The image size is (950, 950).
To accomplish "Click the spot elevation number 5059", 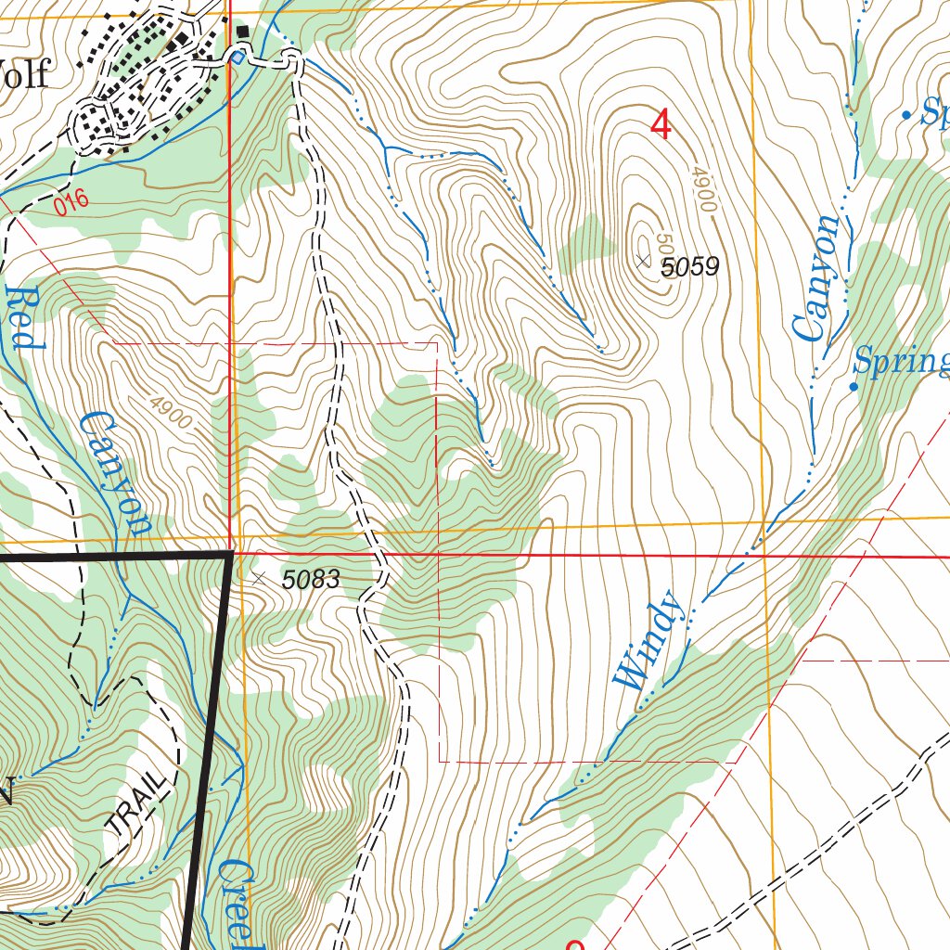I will (x=690, y=268).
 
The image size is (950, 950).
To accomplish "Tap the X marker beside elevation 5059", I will (x=644, y=262).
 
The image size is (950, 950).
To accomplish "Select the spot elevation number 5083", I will (x=311, y=581).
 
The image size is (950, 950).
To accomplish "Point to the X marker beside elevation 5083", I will (x=258, y=578).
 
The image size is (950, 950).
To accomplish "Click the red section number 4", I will (x=661, y=125).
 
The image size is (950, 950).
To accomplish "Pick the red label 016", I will (x=71, y=201).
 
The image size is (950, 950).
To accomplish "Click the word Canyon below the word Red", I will (x=115, y=473).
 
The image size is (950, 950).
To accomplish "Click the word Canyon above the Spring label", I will (x=817, y=278).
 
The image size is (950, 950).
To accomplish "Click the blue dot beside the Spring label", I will (x=854, y=386).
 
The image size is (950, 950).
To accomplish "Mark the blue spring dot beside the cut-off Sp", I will (x=906, y=115).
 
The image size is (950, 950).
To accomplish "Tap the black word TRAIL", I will (x=139, y=799).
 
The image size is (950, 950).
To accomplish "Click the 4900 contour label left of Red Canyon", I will (x=170, y=413).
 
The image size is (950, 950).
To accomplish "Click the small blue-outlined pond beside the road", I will (x=237, y=58).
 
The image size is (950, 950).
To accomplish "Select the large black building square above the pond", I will (x=243, y=32).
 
